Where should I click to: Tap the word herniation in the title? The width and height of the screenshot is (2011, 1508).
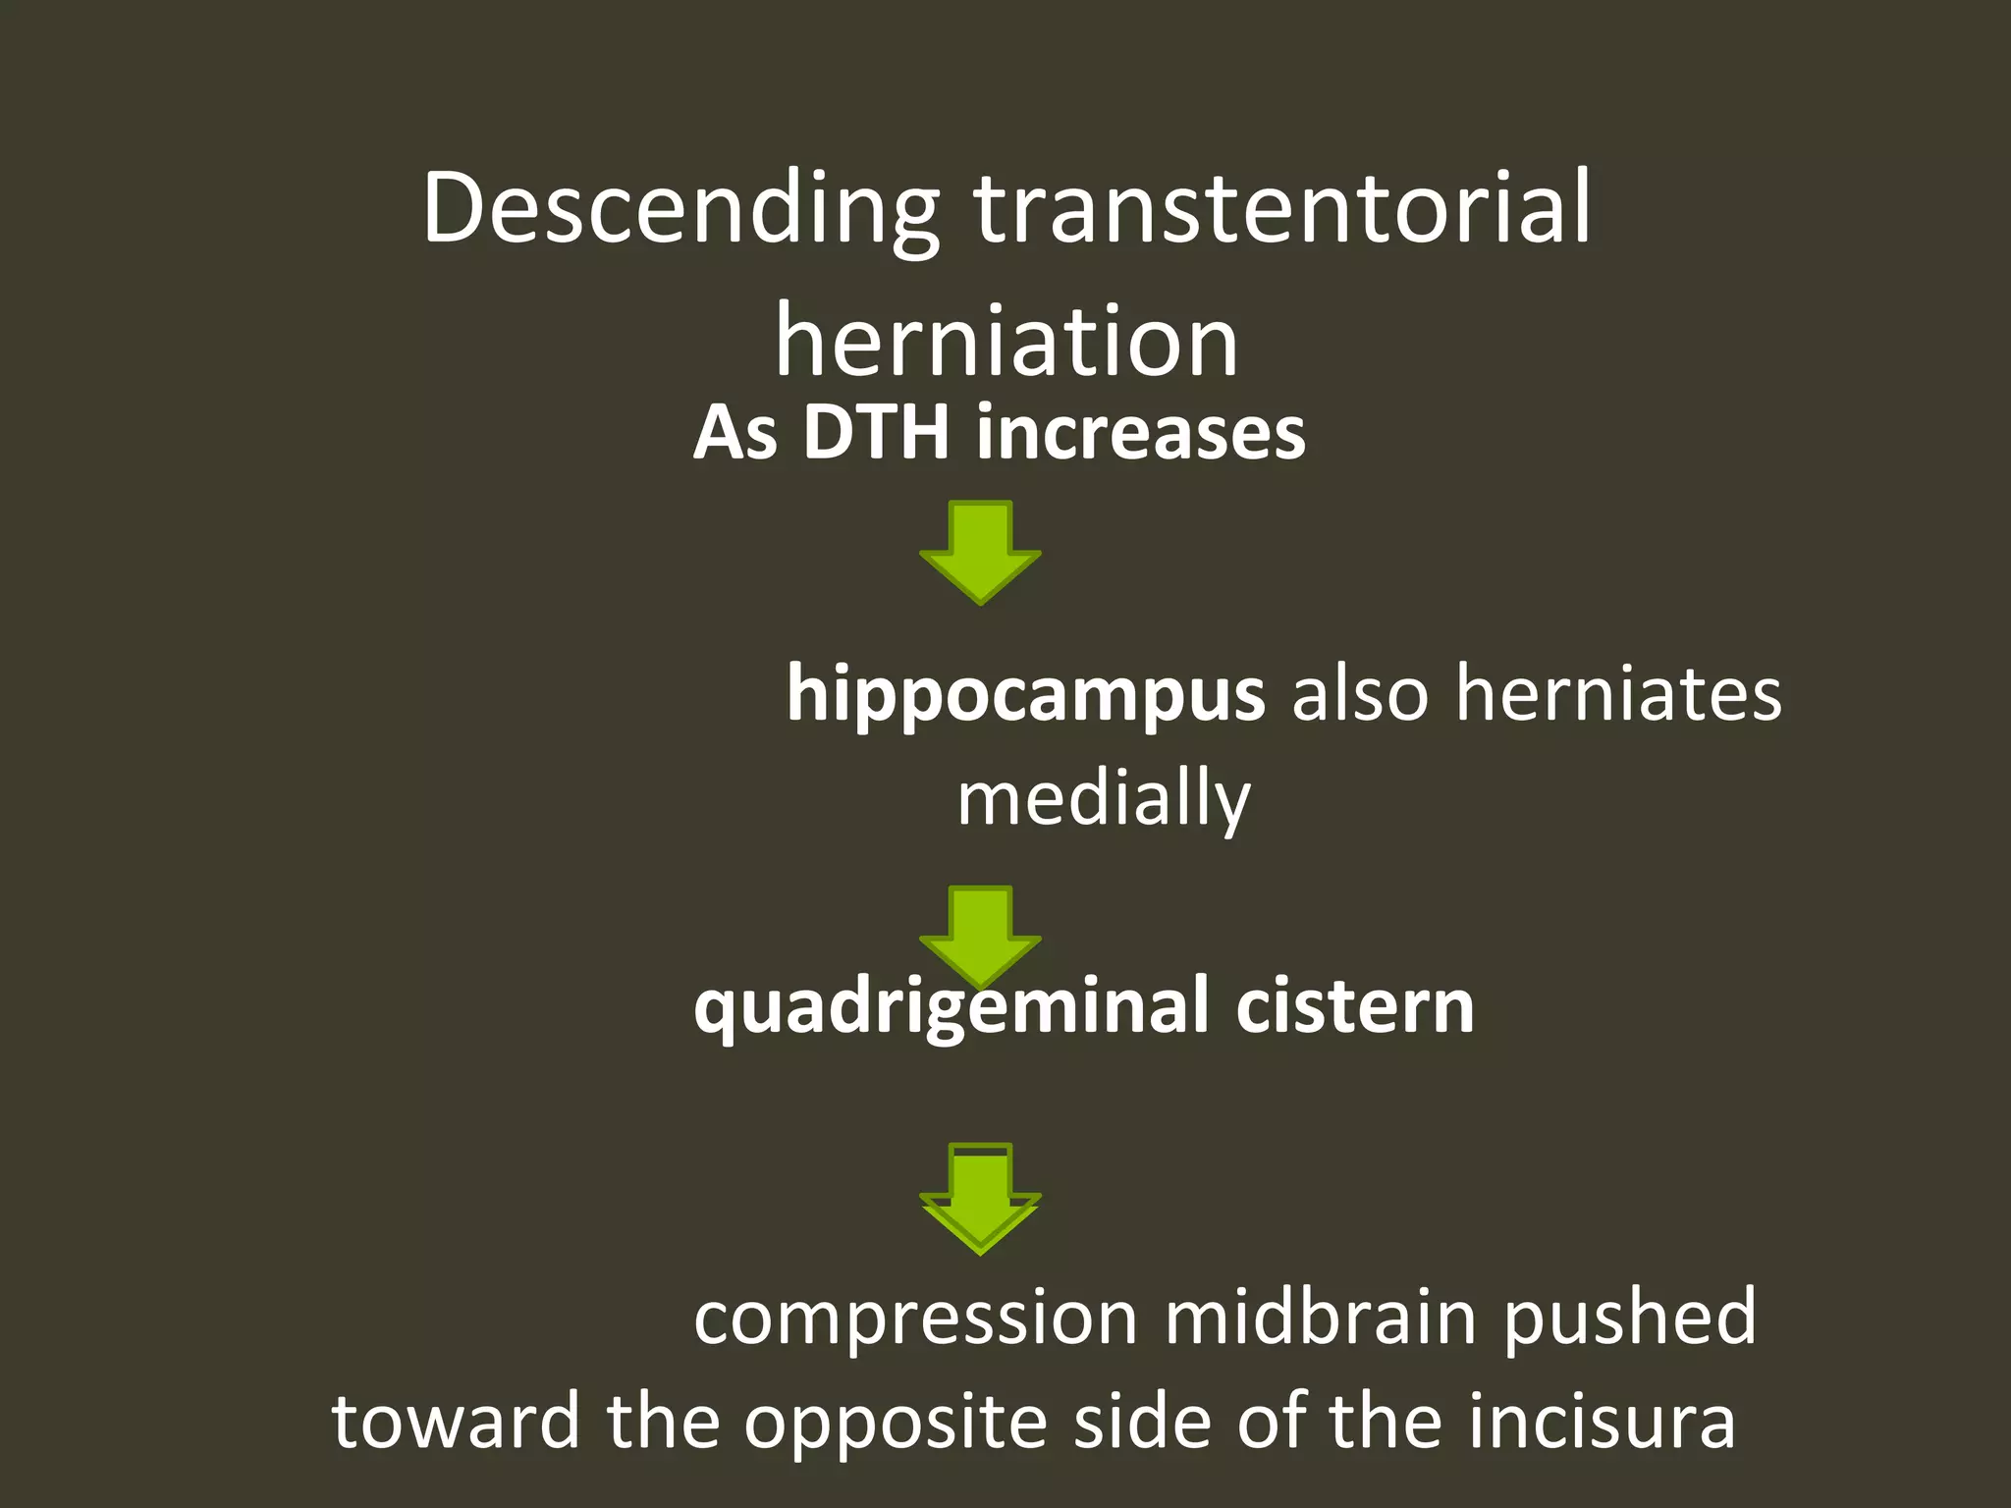point(1006,342)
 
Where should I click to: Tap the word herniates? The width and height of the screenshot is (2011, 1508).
point(1617,693)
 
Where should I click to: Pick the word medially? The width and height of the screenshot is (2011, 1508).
point(1104,799)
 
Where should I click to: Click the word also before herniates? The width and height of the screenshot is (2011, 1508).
point(1359,693)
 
